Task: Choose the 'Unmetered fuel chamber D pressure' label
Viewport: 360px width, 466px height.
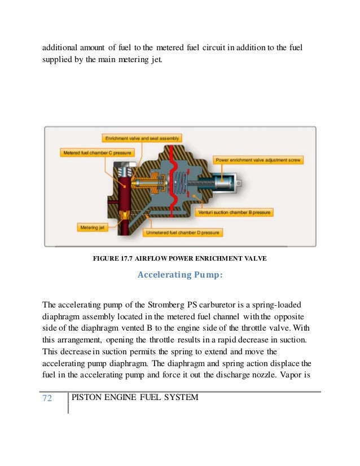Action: (183, 232)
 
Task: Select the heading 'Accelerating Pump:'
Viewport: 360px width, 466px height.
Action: (180, 276)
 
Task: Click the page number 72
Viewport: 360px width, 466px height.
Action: (47, 399)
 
